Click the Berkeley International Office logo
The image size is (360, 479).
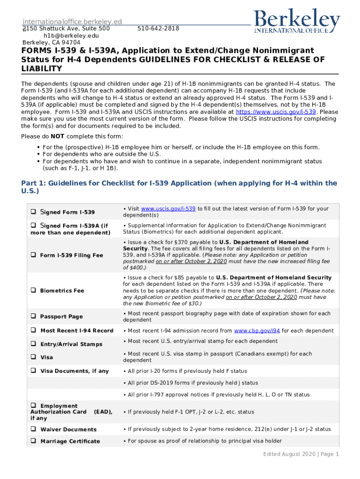pos(297,21)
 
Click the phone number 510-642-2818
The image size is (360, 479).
pos(158,29)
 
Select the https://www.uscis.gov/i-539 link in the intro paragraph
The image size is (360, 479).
pos(276,112)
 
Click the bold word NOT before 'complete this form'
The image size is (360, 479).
pos(58,136)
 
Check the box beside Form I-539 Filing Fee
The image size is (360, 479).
pos(33,255)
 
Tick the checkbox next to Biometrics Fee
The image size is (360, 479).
pos(33,290)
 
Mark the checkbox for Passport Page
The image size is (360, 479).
pos(33,317)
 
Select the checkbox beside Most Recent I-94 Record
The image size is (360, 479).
pos(33,331)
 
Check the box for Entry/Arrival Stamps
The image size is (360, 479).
pos(33,344)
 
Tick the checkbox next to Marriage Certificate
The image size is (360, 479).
pos(33,441)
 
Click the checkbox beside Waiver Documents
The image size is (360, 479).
pos(33,429)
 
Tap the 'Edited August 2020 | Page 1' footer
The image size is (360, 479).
pos(301,454)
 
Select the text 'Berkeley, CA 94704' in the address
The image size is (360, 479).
pos(51,42)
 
